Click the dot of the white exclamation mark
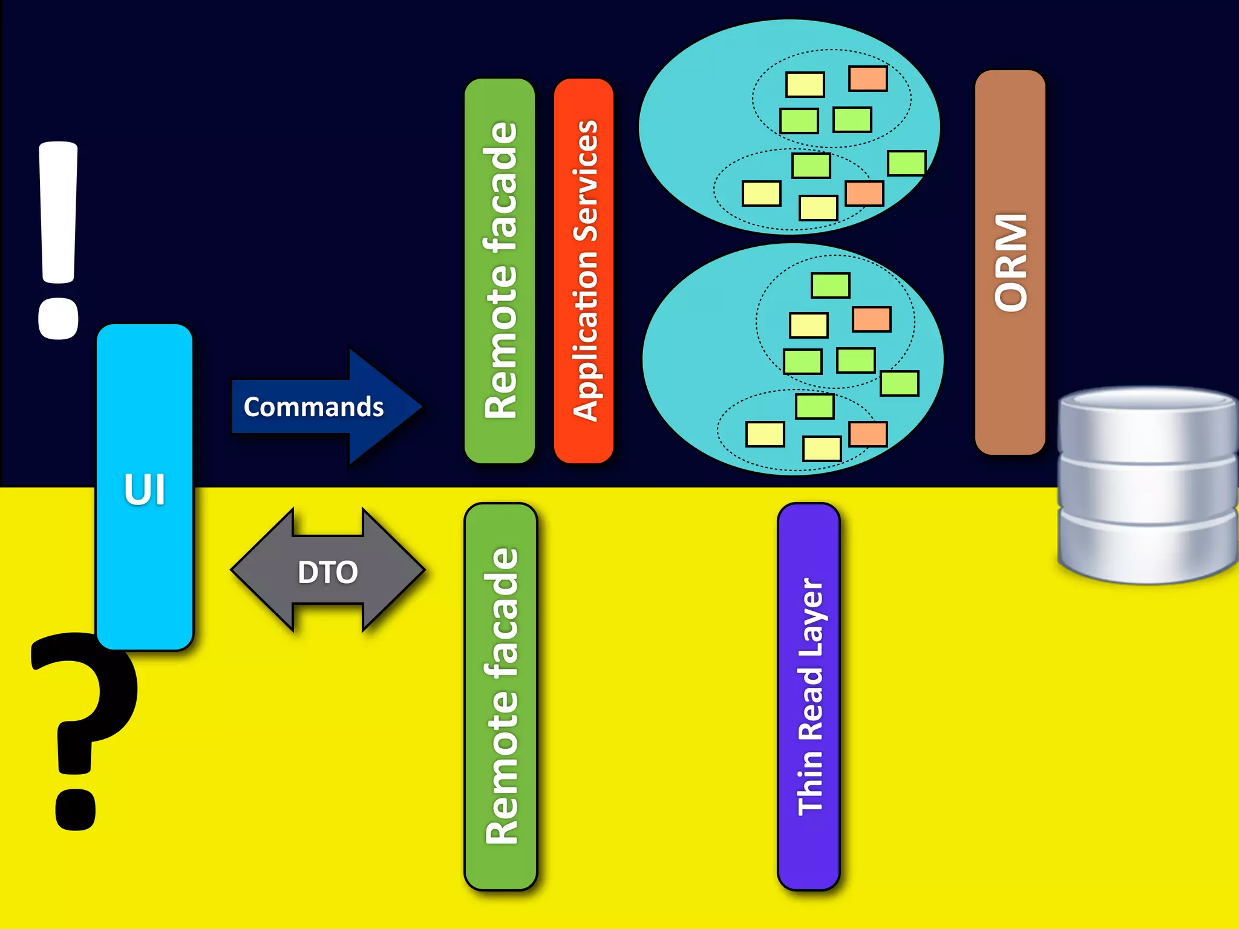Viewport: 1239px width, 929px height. [58, 318]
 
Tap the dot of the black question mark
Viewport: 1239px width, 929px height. [75, 809]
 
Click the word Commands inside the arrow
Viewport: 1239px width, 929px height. [313, 407]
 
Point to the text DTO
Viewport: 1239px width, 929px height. [328, 572]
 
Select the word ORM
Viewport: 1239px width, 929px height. [1011, 262]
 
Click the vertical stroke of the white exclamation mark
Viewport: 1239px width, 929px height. [58, 212]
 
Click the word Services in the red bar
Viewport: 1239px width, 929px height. [585, 181]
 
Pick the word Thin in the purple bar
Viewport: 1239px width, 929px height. [810, 783]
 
